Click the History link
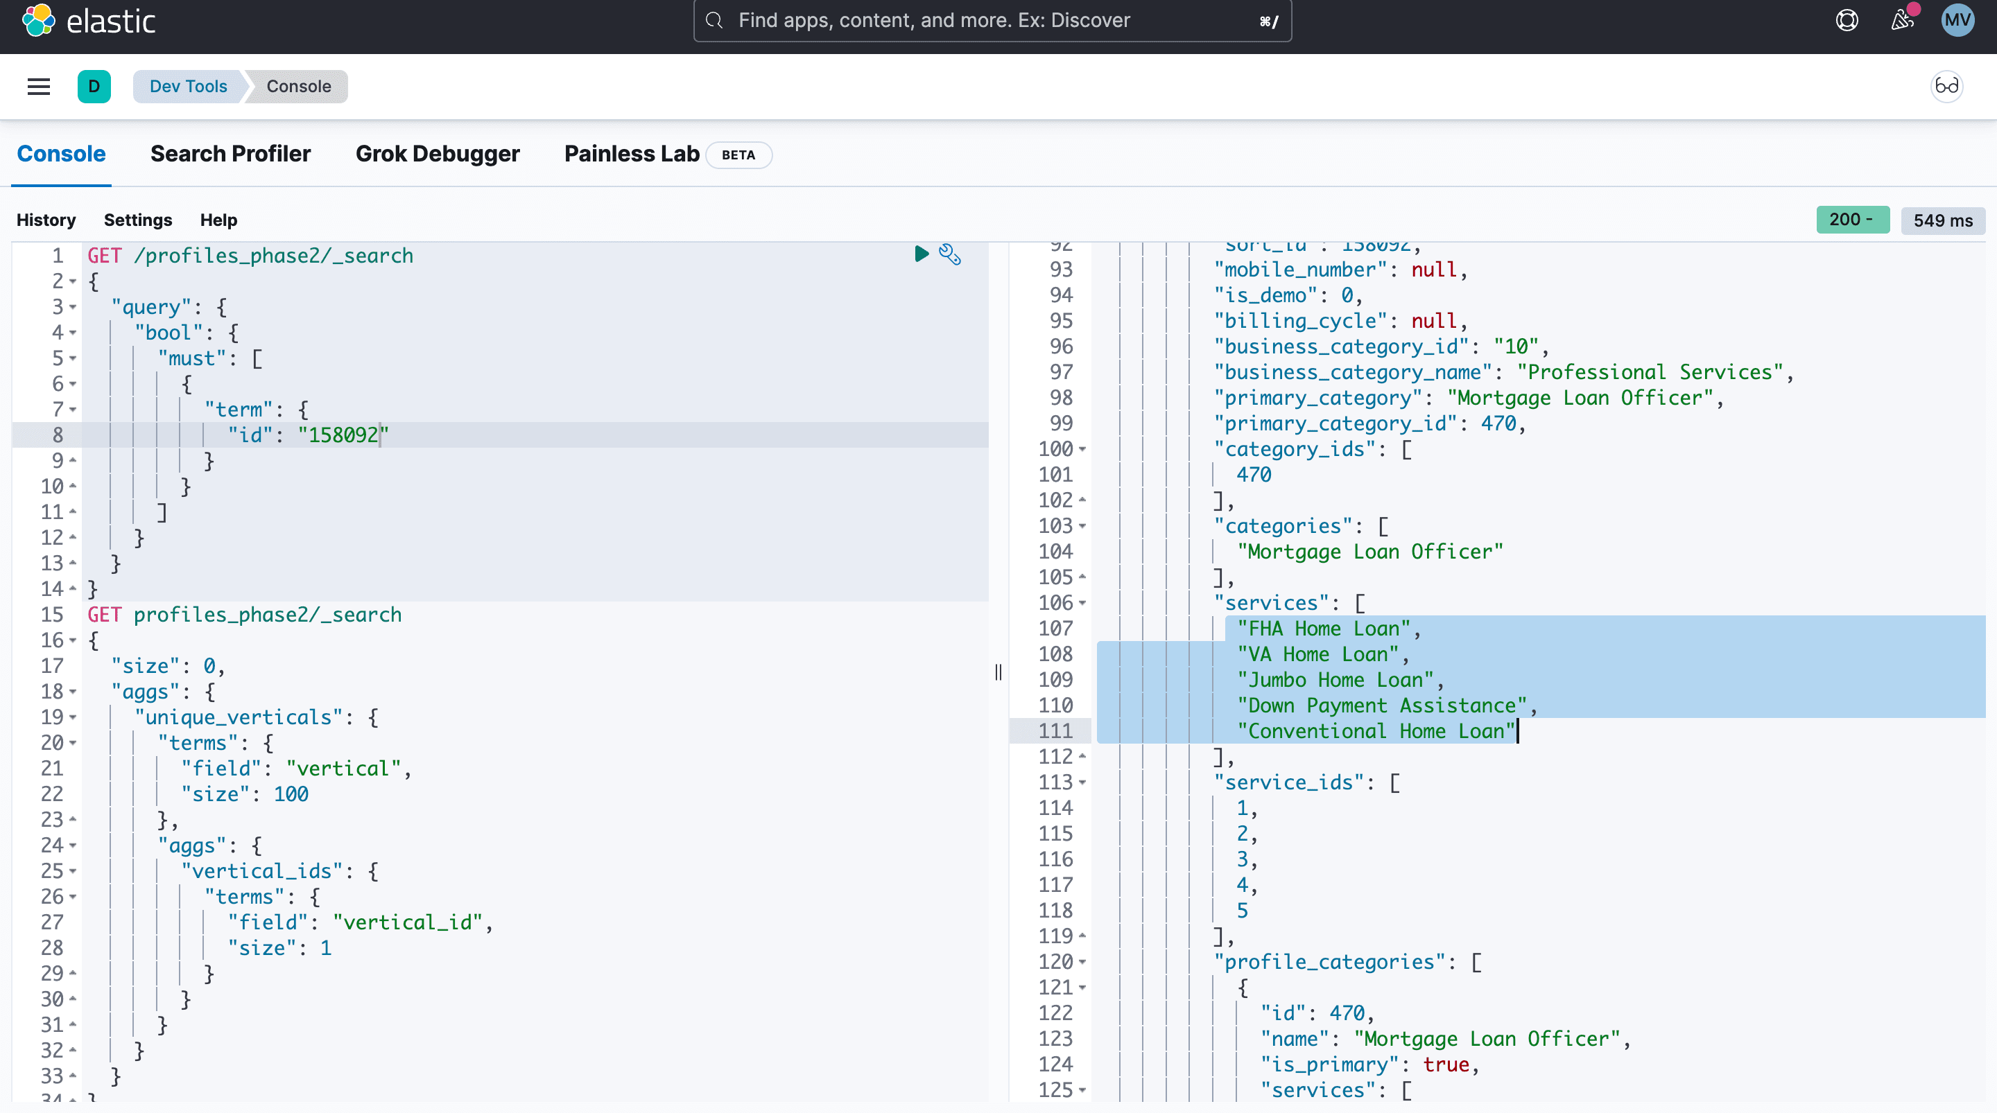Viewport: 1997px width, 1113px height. click(x=46, y=220)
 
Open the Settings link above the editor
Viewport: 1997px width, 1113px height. click(x=138, y=220)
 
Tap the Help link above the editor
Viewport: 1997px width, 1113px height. click(x=218, y=220)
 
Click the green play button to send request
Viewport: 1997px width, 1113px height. click(x=921, y=254)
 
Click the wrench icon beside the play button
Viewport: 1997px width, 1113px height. click(x=950, y=254)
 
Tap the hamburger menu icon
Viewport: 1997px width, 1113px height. click(x=39, y=86)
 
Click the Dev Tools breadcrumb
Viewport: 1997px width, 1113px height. click(x=189, y=86)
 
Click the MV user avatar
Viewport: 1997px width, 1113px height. click(x=1957, y=20)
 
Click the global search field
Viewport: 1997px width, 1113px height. click(x=992, y=20)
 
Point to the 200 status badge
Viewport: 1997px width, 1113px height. click(x=1853, y=220)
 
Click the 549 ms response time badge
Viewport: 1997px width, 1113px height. click(x=1943, y=220)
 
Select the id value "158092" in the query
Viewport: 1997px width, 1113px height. click(x=343, y=435)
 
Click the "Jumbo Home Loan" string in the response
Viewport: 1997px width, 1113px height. click(x=1335, y=680)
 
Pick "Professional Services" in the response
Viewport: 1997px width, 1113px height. click(x=1650, y=372)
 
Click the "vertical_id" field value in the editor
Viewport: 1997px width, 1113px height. click(x=408, y=922)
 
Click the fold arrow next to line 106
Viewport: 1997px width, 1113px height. click(x=1082, y=603)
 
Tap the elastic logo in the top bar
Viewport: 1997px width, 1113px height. click(x=89, y=20)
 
